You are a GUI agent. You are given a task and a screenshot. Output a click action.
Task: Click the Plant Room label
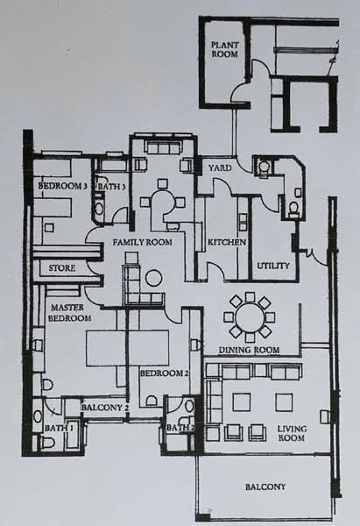tap(224, 49)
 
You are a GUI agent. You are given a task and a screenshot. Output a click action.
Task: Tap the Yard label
tap(220, 167)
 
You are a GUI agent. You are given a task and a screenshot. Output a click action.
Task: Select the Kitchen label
tap(227, 242)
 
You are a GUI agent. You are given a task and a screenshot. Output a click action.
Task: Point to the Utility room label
tap(273, 266)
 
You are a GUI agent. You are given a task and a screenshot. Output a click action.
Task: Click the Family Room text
tap(142, 242)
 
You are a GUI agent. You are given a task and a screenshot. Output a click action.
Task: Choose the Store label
tap(62, 268)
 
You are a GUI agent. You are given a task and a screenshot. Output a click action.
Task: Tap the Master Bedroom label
tap(69, 313)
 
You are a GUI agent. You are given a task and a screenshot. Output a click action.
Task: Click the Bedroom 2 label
tap(165, 373)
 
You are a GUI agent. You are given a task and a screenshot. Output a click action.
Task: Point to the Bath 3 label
tap(111, 187)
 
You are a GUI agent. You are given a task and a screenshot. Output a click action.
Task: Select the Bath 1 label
tap(60, 428)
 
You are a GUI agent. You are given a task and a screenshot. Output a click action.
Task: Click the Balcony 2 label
tap(105, 408)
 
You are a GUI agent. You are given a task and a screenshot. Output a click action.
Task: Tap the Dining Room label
tap(249, 350)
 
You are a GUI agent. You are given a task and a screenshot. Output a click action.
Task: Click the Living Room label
tap(292, 433)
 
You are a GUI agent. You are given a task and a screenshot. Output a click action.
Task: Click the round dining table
tap(249, 317)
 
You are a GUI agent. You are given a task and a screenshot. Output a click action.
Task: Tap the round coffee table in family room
tap(154, 278)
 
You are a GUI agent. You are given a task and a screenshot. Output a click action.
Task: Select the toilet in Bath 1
tap(48, 443)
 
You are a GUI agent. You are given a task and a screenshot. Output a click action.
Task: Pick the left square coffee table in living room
tap(242, 402)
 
